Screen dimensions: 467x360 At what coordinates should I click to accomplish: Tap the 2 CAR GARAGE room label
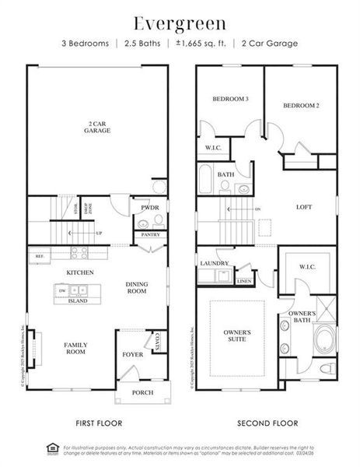(98, 126)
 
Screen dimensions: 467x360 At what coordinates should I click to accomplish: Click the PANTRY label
(150, 233)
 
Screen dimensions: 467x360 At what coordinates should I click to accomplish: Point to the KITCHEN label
(80, 272)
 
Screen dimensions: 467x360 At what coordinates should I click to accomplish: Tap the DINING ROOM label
(137, 287)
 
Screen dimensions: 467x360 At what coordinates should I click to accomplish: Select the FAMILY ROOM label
(75, 348)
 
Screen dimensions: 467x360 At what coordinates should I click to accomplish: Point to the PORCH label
(142, 392)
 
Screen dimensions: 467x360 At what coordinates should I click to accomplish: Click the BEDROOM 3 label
(230, 99)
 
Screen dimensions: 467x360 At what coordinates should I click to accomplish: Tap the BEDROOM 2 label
(300, 104)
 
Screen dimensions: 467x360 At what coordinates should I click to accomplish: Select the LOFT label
(305, 207)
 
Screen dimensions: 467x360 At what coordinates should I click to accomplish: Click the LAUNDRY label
(214, 264)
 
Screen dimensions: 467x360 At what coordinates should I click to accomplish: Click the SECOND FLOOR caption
(267, 423)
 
